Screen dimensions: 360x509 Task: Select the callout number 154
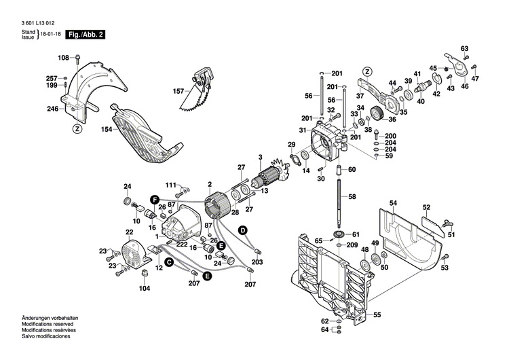107,128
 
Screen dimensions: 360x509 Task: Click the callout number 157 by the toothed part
178,90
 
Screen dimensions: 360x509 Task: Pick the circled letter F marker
155,199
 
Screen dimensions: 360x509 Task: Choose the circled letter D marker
241,231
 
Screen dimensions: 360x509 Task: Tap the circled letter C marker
169,261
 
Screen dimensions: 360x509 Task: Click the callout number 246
52,109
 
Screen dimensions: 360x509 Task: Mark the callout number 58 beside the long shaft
352,196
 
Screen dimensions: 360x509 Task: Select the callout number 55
377,314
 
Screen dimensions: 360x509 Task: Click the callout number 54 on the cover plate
393,203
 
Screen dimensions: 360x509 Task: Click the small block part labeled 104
144,272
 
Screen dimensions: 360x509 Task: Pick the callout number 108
63,57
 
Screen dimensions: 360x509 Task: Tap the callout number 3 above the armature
259,158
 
